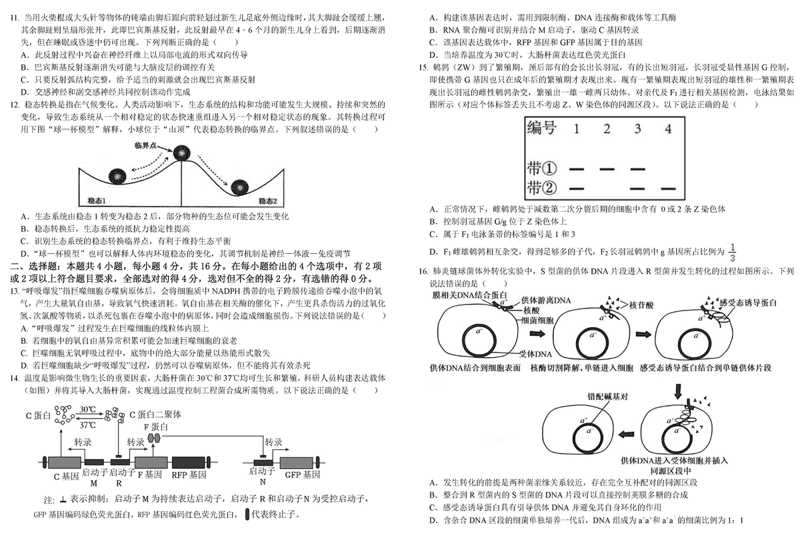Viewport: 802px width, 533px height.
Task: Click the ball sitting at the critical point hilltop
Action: [x=181, y=153]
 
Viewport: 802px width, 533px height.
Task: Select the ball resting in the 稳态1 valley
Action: [x=117, y=176]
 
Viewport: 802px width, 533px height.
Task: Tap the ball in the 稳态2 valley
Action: [x=239, y=187]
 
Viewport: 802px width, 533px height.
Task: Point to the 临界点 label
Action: [x=145, y=145]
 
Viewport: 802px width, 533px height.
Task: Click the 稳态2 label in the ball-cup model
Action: [x=268, y=201]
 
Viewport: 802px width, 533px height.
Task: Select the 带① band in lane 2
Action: [x=607, y=169]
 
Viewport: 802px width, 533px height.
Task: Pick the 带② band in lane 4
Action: [x=668, y=189]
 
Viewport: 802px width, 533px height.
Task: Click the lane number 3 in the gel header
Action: [x=637, y=129]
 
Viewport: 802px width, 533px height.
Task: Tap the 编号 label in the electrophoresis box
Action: [x=541, y=128]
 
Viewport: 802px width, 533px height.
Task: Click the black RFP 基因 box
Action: [x=188, y=462]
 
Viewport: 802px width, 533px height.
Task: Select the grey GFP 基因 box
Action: [x=297, y=462]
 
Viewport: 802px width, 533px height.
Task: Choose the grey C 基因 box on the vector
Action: [x=65, y=462]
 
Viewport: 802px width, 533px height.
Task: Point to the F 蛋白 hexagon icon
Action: [x=153, y=438]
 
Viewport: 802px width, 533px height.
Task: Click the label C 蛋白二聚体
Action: [x=155, y=414]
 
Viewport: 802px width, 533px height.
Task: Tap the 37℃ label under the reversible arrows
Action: [x=88, y=425]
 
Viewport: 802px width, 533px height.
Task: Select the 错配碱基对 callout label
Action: [x=607, y=396]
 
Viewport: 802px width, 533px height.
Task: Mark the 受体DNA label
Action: [x=536, y=354]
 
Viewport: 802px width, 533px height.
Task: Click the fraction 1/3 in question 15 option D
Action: [x=733, y=253]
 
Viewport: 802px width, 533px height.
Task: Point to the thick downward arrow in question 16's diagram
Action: [x=678, y=391]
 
